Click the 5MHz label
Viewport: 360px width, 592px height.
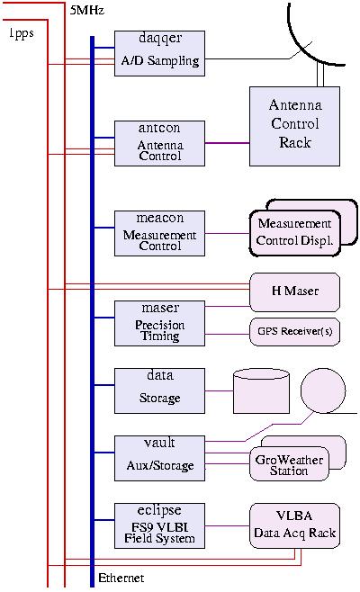click(x=87, y=10)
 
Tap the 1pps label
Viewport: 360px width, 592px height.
click(x=22, y=33)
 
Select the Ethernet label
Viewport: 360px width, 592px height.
click(x=121, y=578)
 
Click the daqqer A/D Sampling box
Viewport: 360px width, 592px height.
click(x=160, y=54)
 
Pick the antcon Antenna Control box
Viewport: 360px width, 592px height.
click(x=160, y=143)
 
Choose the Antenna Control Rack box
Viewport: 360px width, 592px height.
click(x=294, y=127)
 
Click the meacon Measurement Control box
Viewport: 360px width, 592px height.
click(x=160, y=233)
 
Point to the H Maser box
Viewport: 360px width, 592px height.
click(x=294, y=292)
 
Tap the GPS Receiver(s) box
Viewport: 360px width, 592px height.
click(x=294, y=332)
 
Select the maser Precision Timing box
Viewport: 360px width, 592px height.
click(x=160, y=323)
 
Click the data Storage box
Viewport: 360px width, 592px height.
click(x=160, y=390)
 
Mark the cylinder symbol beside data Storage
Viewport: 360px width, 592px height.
click(x=261, y=391)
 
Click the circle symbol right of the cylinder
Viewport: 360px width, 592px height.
click(x=323, y=390)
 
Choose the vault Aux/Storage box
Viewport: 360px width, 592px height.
click(x=160, y=458)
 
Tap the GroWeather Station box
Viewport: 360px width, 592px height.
click(x=289, y=463)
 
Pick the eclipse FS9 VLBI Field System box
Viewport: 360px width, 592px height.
click(x=160, y=525)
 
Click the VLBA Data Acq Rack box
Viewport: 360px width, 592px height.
click(x=294, y=525)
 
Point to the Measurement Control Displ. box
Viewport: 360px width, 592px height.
click(x=294, y=233)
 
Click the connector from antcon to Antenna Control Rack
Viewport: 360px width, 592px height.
click(x=227, y=143)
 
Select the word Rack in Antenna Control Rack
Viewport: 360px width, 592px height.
click(x=294, y=142)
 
